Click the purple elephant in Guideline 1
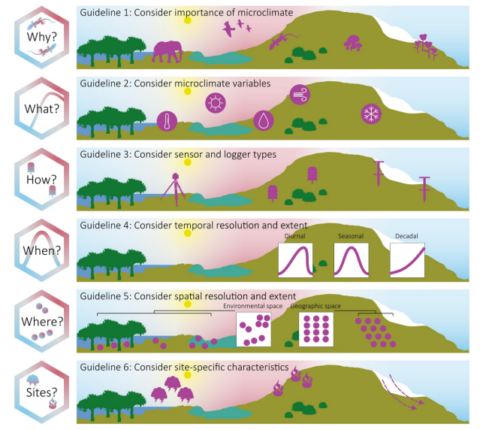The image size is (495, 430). tap(168, 52)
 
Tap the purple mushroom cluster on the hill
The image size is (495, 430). tap(352, 43)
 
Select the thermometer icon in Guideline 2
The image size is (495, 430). tap(167, 121)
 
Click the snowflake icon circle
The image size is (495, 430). tap(371, 114)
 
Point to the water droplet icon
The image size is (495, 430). tap(264, 120)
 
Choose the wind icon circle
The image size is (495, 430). tap(300, 95)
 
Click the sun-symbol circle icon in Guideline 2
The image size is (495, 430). tap(216, 103)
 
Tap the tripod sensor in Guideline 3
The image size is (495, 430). tap(174, 189)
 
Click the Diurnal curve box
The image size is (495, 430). tap(295, 260)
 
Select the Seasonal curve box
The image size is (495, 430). tap(352, 260)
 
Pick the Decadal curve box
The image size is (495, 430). tap(407, 260)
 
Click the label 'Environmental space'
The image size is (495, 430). tap(253, 306)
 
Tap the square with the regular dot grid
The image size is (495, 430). tap(316, 329)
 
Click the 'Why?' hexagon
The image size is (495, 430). tap(41, 38)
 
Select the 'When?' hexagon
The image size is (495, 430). tap(41, 250)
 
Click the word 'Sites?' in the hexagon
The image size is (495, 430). tap(41, 392)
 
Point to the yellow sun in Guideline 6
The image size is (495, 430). tap(188, 375)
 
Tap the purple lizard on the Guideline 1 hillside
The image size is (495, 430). tap(283, 41)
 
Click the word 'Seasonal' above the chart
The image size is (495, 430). tap(351, 236)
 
